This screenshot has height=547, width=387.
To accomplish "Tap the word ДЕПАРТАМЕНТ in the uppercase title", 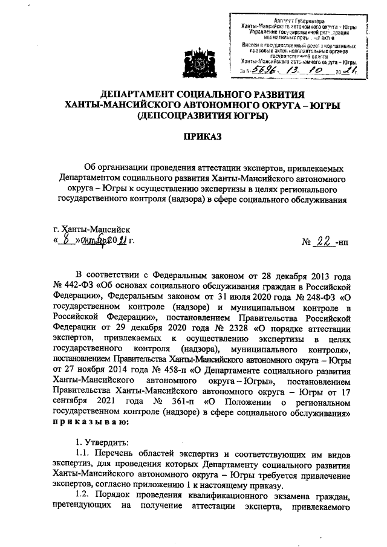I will tap(137, 94).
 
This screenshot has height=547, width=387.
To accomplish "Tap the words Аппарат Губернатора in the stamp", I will tap(294, 21).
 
